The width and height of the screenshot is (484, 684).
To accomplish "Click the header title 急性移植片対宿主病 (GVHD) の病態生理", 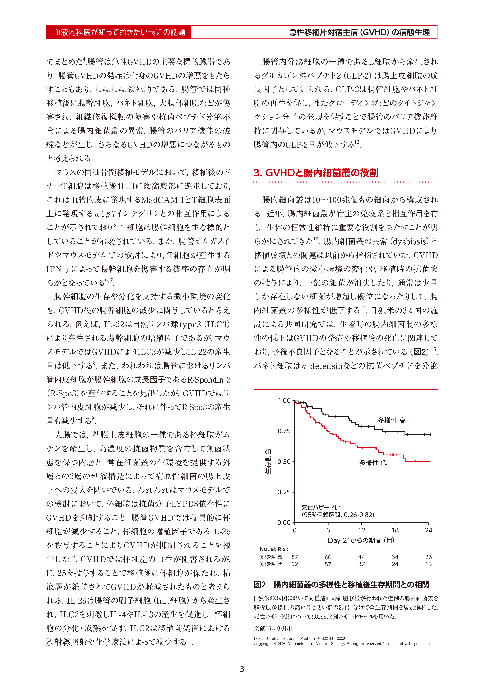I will (x=359, y=32).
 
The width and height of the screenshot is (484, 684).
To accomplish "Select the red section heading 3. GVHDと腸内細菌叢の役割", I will (x=316, y=173).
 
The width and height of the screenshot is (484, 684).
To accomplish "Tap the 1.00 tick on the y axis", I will (x=284, y=401).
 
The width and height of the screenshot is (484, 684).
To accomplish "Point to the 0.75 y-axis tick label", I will (x=284, y=431).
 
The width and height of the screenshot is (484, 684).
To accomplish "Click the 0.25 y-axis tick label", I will (x=284, y=492).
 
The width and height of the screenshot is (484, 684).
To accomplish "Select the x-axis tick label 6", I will (x=328, y=530).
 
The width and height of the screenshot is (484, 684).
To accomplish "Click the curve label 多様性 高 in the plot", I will (x=391, y=420).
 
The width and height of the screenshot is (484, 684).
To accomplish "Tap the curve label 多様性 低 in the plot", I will (x=373, y=463).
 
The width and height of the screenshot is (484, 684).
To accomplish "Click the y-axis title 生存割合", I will (x=268, y=462).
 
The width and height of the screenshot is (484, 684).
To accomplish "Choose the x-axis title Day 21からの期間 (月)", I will (x=361, y=540).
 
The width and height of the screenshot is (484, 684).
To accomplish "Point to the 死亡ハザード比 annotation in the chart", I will (x=321, y=508).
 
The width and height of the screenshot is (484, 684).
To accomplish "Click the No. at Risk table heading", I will (x=274, y=549).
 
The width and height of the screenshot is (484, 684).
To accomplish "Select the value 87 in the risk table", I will (x=295, y=557).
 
